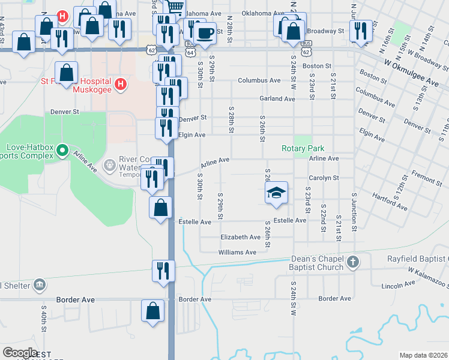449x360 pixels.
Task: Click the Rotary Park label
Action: point(303,148)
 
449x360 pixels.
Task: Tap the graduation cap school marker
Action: point(276,193)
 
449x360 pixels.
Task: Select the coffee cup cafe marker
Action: point(205,32)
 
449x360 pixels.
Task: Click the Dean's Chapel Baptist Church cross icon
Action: point(354,262)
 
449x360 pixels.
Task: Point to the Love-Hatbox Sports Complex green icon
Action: point(63,154)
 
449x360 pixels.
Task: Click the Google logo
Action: point(20,352)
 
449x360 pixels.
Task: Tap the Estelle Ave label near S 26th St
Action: point(290,221)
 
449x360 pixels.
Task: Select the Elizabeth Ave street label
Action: point(240,237)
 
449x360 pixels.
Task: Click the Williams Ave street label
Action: point(237,253)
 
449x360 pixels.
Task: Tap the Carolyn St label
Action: point(324,178)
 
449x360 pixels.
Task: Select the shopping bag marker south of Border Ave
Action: point(152,311)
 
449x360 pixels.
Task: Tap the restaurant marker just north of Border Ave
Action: point(163,270)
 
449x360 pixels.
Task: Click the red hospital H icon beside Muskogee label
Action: point(120,83)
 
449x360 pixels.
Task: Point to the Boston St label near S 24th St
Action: point(317,66)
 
